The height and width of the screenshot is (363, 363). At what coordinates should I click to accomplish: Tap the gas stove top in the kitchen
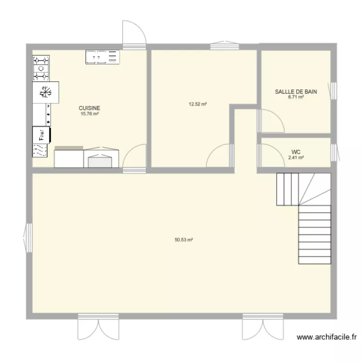pyautogui.click(x=41, y=68)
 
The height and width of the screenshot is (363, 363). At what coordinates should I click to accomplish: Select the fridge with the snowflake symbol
pyautogui.click(x=45, y=91)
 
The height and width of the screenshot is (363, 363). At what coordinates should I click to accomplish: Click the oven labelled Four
pyautogui.click(x=41, y=135)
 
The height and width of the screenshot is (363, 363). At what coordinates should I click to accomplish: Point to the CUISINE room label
pyautogui.click(x=90, y=108)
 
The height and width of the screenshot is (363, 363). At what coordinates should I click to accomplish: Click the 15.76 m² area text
pyautogui.click(x=90, y=114)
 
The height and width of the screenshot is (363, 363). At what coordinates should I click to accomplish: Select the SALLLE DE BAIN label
pyautogui.click(x=296, y=91)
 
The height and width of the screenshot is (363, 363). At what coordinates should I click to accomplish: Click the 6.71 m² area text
pyautogui.click(x=296, y=97)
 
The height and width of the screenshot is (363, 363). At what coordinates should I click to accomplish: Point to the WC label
pyautogui.click(x=296, y=151)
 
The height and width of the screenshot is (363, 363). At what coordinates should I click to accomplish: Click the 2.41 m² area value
pyautogui.click(x=296, y=157)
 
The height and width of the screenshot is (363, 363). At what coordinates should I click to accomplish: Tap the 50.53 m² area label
pyautogui.click(x=184, y=239)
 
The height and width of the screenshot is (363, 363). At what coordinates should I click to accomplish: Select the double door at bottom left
pyautogui.click(x=98, y=329)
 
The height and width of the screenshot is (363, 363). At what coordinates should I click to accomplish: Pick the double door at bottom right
pyautogui.click(x=262, y=329)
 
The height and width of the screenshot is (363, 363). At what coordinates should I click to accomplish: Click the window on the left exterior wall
pyautogui.click(x=27, y=238)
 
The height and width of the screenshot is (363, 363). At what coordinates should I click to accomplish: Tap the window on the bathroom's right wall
pyautogui.click(x=333, y=91)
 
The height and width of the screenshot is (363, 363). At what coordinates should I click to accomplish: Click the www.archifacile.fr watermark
pyautogui.click(x=327, y=337)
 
